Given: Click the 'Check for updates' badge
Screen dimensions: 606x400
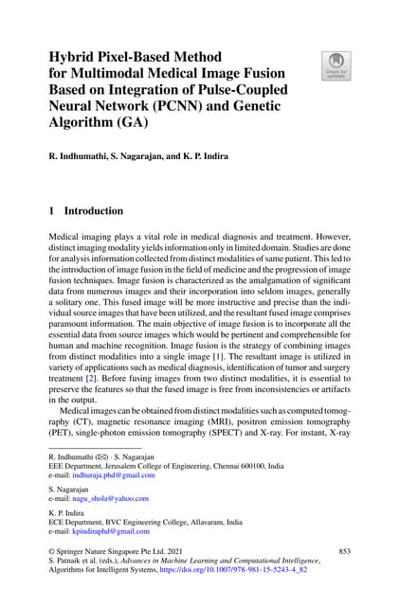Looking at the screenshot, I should (x=335, y=64).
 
